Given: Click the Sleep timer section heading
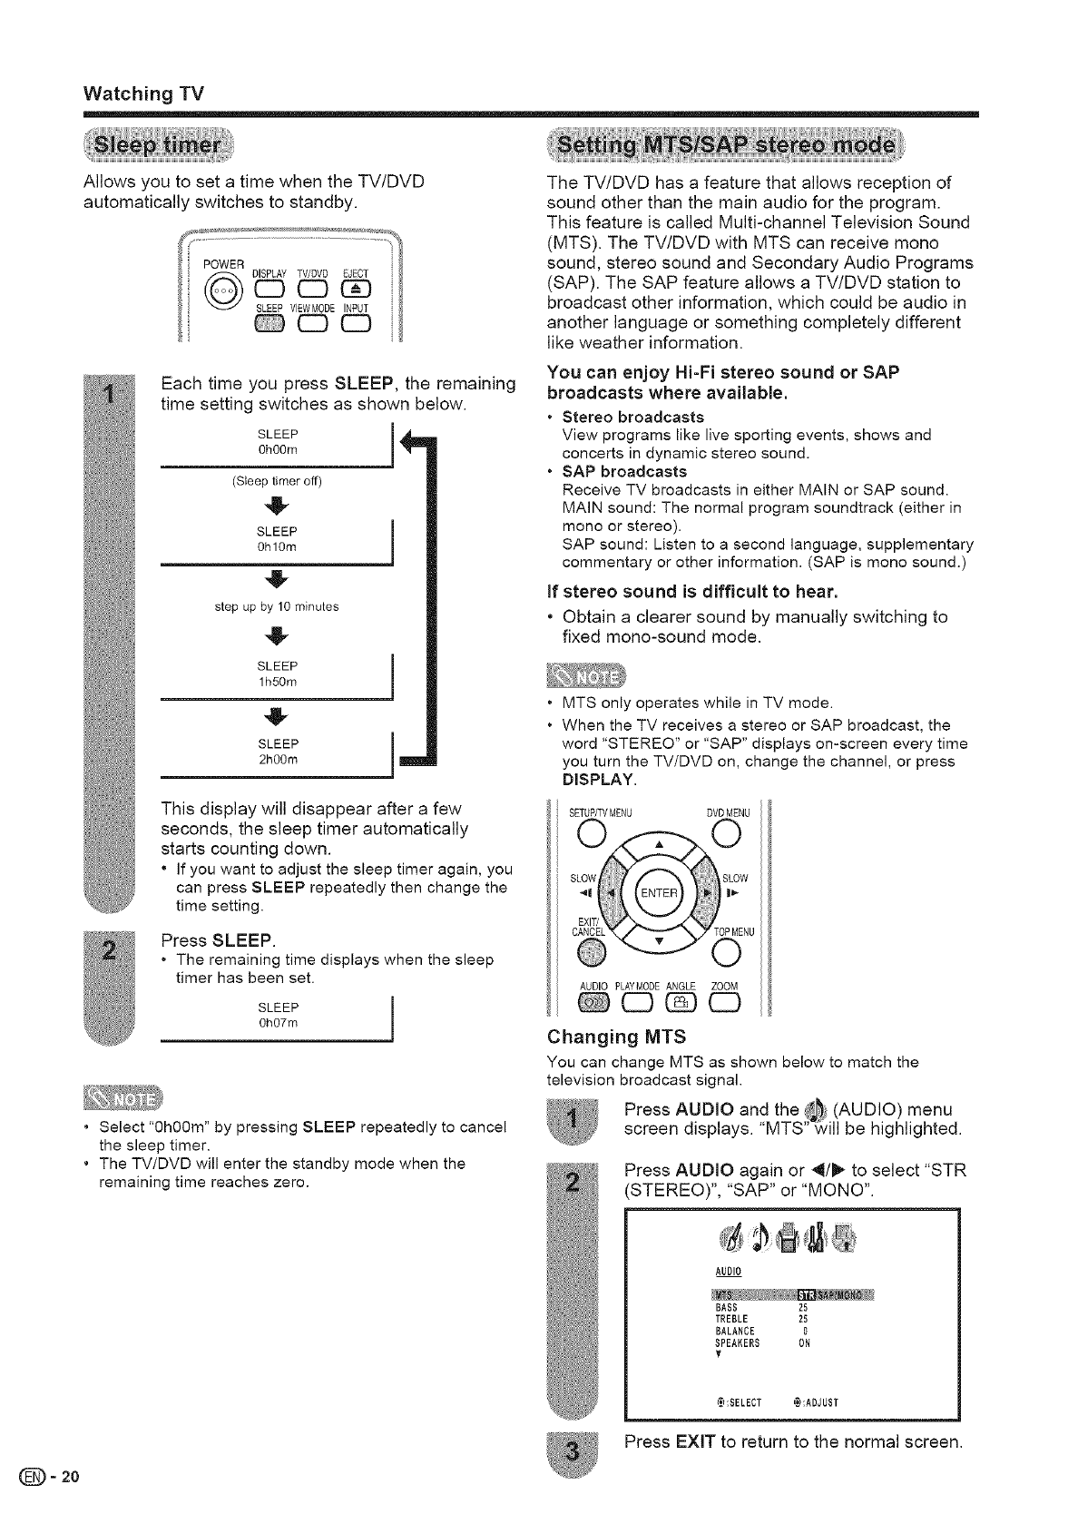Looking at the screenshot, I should coord(158,147).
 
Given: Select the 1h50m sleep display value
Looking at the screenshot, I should coord(278,682).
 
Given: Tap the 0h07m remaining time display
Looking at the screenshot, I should coord(278,1023).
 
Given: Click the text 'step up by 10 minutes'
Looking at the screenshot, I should coord(278,606).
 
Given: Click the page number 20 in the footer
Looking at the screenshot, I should coord(72,1475).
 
